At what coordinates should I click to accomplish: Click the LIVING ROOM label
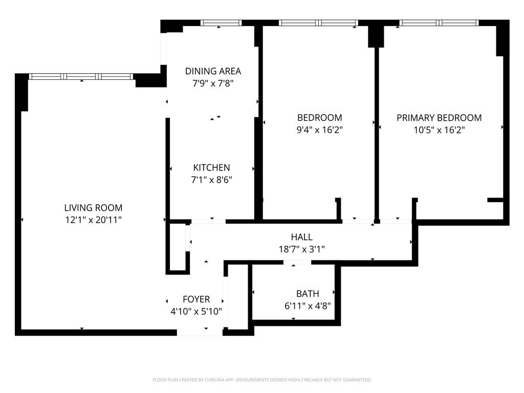point(93,208)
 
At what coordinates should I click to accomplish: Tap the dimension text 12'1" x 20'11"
point(93,220)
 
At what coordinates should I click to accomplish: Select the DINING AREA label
point(213,71)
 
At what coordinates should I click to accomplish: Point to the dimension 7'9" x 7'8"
point(213,83)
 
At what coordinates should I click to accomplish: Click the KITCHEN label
point(211,167)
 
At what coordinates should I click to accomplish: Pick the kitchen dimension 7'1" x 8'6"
point(211,179)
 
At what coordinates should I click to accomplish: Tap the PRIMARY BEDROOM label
point(439,118)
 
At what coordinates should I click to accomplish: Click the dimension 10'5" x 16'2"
point(439,130)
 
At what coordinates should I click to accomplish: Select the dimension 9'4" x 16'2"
point(320,130)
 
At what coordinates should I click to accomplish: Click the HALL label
point(301,237)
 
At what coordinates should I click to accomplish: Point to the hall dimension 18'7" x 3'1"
point(301,249)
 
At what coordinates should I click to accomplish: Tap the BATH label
point(308,294)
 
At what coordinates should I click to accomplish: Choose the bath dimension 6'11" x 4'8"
point(308,306)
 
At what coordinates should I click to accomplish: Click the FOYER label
point(196,299)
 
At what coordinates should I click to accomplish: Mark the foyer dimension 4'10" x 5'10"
point(196,311)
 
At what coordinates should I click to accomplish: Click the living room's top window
point(81,77)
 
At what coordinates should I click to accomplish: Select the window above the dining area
point(221,23)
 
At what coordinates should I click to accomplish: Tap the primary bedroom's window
point(439,23)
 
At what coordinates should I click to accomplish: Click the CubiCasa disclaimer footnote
point(262,380)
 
